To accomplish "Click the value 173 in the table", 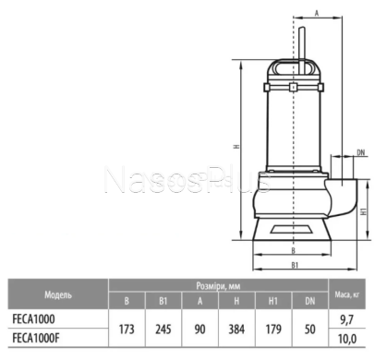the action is click(127, 330).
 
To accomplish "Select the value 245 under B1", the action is click(163, 330).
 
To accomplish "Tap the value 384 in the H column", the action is click(236, 330).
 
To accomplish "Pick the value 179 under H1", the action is click(273, 330).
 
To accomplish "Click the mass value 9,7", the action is click(347, 320).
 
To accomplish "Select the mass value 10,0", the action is click(347, 339).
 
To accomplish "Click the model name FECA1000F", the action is click(36, 338).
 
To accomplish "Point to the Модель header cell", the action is click(58, 294).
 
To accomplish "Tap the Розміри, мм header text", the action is click(218, 286).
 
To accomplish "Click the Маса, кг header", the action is click(347, 294).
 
